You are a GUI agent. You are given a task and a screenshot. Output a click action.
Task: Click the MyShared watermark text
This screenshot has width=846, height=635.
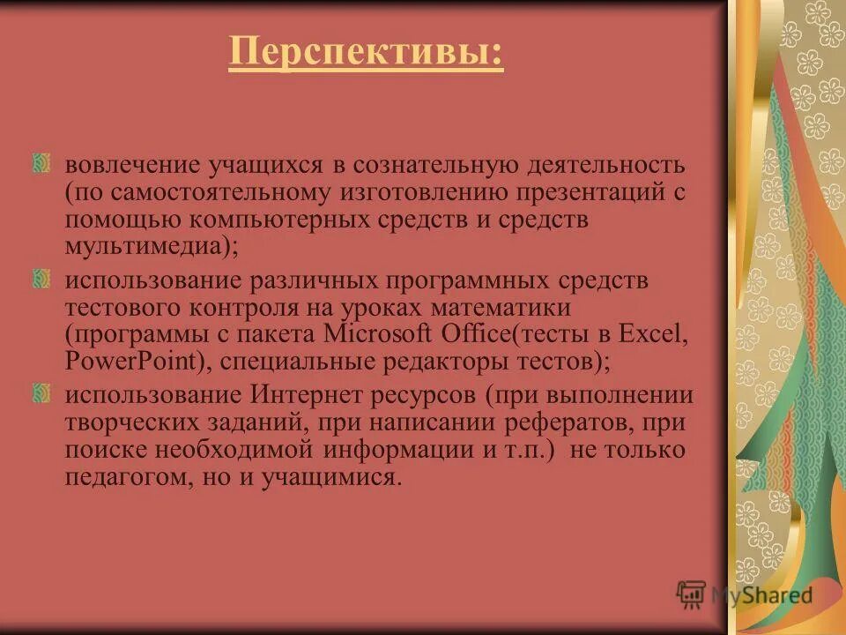click(x=761, y=594)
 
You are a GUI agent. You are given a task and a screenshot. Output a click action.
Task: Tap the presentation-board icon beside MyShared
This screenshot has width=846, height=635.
click(x=691, y=594)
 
